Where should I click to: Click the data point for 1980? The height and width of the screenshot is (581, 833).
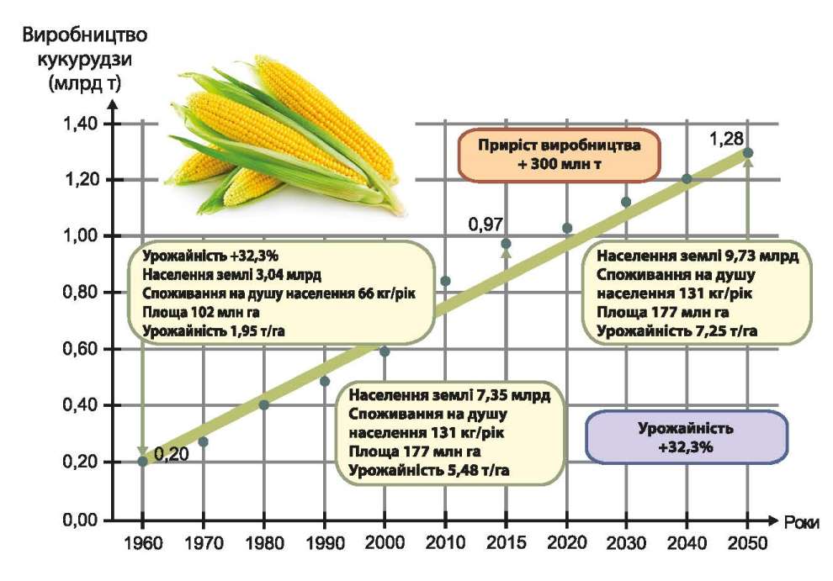(263, 404)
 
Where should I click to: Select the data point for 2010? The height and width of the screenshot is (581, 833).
(445, 281)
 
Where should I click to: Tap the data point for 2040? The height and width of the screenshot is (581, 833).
(687, 178)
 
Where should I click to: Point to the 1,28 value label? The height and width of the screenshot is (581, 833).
(727, 137)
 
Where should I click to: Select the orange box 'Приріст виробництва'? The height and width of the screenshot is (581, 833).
(559, 155)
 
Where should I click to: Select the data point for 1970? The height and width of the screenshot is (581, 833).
(203, 441)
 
